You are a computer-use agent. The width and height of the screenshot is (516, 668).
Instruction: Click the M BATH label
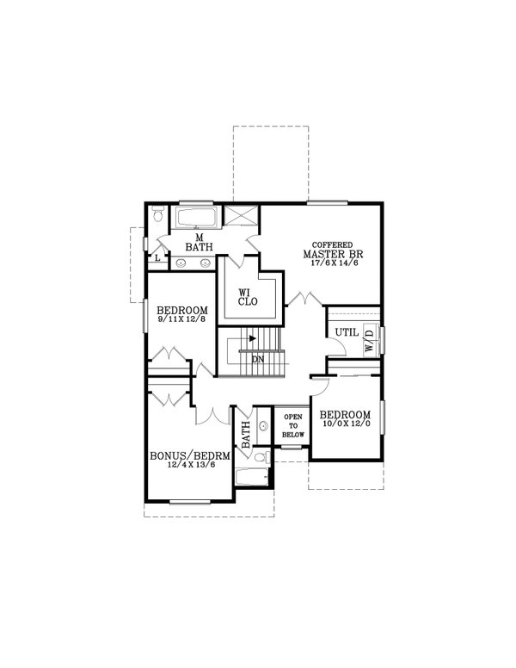point(199,242)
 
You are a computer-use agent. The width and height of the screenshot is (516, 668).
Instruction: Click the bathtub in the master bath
point(199,216)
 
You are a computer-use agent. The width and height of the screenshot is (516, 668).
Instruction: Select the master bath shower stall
point(241,217)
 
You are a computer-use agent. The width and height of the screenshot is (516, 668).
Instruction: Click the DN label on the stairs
point(257,359)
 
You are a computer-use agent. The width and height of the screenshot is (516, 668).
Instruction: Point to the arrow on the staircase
point(253,338)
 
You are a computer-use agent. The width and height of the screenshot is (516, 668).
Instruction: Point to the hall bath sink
point(262,427)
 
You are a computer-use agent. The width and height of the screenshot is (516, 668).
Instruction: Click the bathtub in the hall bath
point(253,478)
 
